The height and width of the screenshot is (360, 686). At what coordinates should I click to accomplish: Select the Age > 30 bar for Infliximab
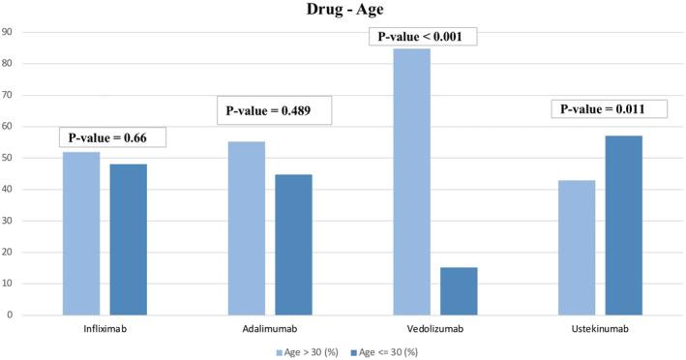[x=81, y=233]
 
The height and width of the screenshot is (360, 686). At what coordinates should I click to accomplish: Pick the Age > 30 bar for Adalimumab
[x=247, y=228]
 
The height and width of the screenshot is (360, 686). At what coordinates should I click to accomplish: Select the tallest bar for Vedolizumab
[x=412, y=182]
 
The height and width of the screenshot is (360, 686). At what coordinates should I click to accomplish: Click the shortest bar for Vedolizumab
[x=459, y=291]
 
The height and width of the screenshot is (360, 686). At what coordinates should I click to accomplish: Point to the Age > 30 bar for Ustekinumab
[x=578, y=247]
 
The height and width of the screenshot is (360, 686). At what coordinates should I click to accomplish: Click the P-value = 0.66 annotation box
[x=112, y=136]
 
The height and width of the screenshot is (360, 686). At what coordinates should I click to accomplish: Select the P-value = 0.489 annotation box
[x=276, y=110]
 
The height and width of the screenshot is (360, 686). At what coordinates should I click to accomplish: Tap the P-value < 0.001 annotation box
[x=423, y=38]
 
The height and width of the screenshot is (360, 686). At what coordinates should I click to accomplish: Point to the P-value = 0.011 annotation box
[x=610, y=109]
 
